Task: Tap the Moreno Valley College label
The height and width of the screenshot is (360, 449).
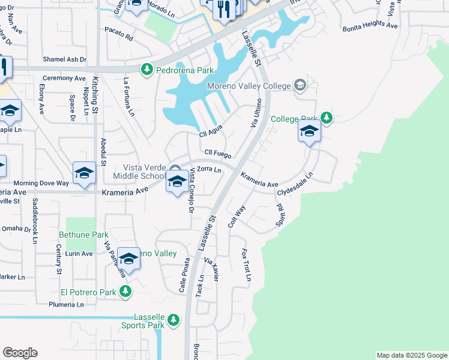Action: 249,86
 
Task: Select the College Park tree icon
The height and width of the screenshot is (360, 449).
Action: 326,118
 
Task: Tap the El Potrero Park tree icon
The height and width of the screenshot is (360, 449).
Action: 125,292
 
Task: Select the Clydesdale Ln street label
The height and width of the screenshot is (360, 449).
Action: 295,184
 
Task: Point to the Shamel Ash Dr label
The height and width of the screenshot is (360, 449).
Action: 64,59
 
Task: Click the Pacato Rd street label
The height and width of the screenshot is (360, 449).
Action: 118,34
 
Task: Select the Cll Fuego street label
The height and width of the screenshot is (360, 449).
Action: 217,154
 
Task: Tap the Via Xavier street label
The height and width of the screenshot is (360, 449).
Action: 212,269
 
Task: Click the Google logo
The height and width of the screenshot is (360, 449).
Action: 20,353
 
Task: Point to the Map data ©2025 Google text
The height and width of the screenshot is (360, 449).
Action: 411,355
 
